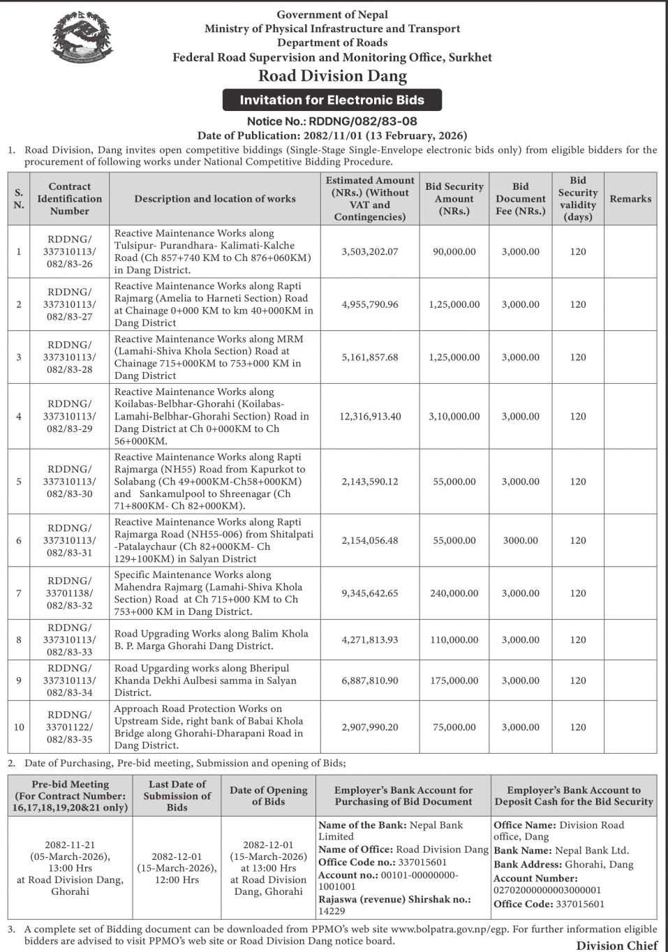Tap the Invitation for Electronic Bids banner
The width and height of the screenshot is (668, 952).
pos(332,100)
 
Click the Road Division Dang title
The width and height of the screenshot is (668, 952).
pos(332,76)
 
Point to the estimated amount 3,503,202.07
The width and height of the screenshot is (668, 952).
pos(370,251)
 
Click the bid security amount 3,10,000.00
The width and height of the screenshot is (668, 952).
pos(454,416)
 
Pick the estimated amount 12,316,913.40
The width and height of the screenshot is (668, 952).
pos(370,416)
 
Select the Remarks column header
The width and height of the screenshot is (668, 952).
pos(630,199)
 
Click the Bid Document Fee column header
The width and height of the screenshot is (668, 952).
pos(521,199)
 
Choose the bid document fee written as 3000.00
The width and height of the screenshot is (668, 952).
pos(521,540)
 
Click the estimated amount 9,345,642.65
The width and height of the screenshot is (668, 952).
pos(370,593)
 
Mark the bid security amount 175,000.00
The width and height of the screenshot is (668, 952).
pos(454,680)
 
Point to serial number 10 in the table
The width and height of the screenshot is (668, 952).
pos(19,727)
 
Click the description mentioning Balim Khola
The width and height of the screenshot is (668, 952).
pos(211,640)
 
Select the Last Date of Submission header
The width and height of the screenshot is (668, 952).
pos(177,796)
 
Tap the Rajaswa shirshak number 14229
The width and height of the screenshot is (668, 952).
pos(329,911)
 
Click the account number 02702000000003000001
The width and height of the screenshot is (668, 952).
pos(547,890)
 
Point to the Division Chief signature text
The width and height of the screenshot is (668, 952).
pos(617,946)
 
